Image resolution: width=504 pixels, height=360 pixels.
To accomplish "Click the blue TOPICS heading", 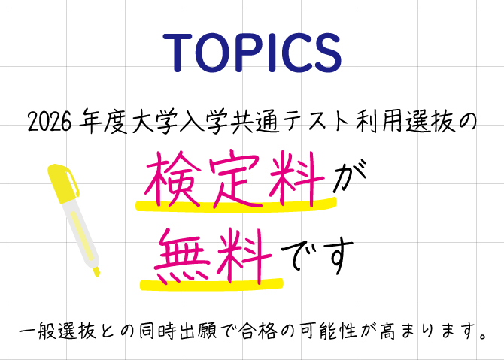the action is click(252, 53).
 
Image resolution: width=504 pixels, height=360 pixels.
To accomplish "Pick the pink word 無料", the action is click(213, 256).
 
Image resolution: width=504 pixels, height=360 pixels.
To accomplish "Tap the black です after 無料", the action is click(317, 256).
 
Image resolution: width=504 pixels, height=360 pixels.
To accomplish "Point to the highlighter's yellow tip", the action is click(96, 271).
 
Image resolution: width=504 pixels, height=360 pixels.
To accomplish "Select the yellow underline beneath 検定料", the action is click(236, 205).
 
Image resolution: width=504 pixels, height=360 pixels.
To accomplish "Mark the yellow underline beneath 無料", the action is click(211, 285).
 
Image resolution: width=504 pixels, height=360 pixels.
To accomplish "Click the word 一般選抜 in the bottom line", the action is click(57, 331).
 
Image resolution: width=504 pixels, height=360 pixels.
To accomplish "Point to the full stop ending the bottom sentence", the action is click(482, 336).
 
